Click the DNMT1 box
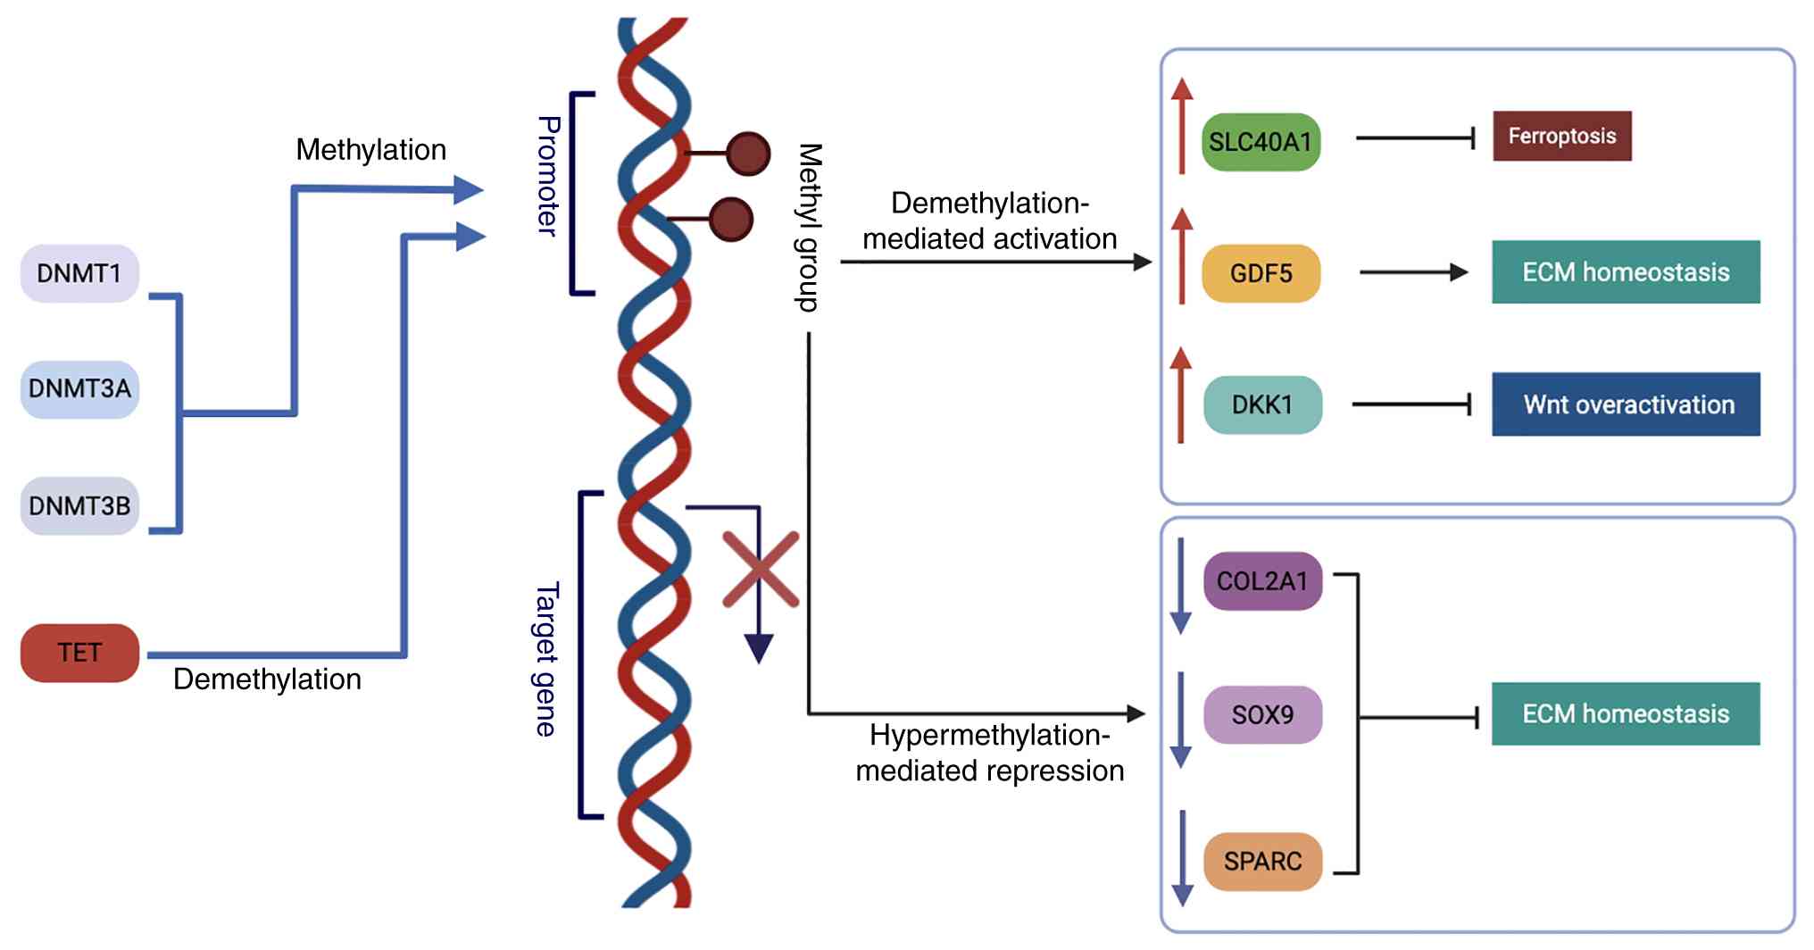(x=79, y=273)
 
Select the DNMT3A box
(x=79, y=389)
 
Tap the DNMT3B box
(x=79, y=506)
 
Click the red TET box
(x=79, y=653)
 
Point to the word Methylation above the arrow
(x=370, y=150)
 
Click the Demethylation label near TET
(x=267, y=679)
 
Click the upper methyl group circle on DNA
(x=748, y=154)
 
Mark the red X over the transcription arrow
(x=761, y=570)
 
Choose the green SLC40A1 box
(x=1261, y=142)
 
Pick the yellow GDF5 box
(x=1261, y=273)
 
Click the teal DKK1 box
(x=1262, y=405)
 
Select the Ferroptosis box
(x=1561, y=137)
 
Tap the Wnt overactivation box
(x=1626, y=404)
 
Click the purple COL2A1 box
(x=1262, y=581)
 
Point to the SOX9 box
(x=1262, y=715)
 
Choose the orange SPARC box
(x=1262, y=862)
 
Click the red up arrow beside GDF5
(x=1182, y=256)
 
